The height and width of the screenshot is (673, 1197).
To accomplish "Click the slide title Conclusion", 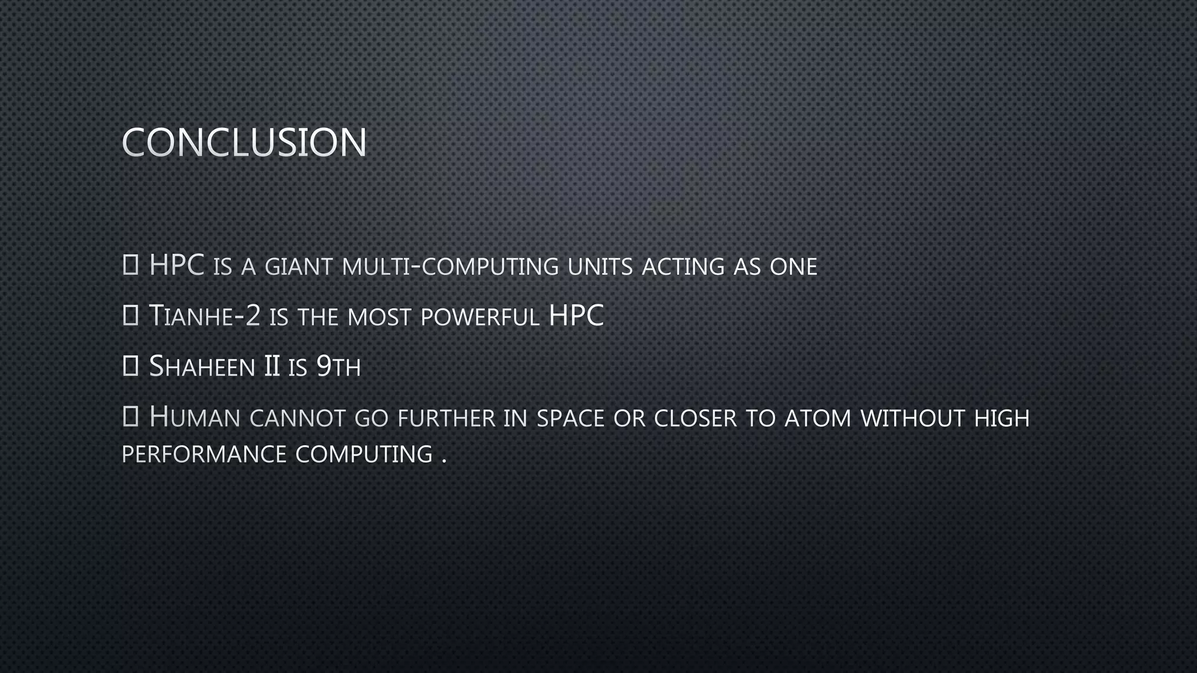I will tap(244, 142).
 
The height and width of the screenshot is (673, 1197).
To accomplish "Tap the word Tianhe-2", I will tap(205, 316).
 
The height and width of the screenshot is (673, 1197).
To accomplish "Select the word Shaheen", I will tap(202, 367).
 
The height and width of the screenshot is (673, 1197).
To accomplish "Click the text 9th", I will tap(338, 367).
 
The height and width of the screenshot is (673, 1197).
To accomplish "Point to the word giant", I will tap(299, 267).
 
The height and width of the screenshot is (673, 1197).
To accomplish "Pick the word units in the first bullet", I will tap(600, 267).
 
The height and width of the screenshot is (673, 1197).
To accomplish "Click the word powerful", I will tap(480, 317).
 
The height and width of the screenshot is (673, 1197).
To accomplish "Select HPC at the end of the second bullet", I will tap(576, 315).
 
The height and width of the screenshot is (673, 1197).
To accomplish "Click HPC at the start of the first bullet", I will tap(177, 265).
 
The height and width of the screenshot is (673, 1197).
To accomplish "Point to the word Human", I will tap(195, 418).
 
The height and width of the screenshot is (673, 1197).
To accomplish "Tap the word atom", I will tap(818, 418).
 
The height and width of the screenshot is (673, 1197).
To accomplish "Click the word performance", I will tap(203, 455).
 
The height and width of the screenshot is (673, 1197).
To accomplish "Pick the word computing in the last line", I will tap(364, 455).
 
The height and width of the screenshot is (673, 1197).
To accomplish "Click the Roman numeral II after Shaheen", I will tap(272, 367).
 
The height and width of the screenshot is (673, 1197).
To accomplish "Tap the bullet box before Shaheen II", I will tap(130, 366).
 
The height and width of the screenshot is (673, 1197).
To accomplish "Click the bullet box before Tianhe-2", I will tap(130, 316).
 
